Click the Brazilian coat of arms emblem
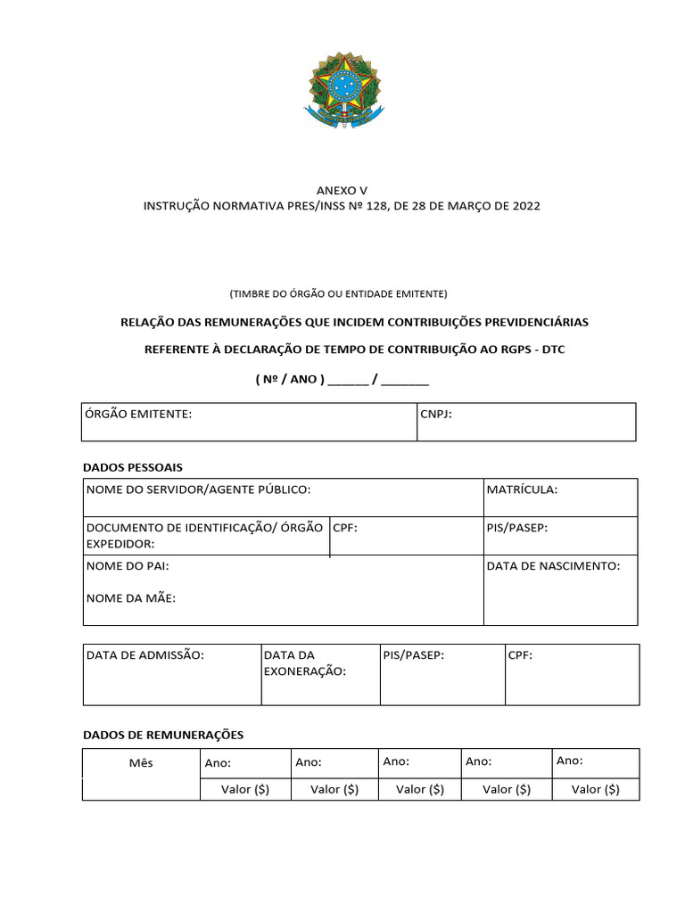342,89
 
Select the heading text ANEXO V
342,190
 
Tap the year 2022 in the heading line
525,206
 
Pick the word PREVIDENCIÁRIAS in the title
532,321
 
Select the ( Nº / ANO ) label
290,379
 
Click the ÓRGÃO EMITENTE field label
138,415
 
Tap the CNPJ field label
436,415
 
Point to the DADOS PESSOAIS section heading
133,467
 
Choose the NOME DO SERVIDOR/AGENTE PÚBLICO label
198,489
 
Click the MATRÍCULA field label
522,489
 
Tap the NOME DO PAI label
128,566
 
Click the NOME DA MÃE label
131,598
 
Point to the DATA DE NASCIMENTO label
553,566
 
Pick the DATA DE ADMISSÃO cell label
145,655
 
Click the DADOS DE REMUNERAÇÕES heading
163,735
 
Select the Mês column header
141,763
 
